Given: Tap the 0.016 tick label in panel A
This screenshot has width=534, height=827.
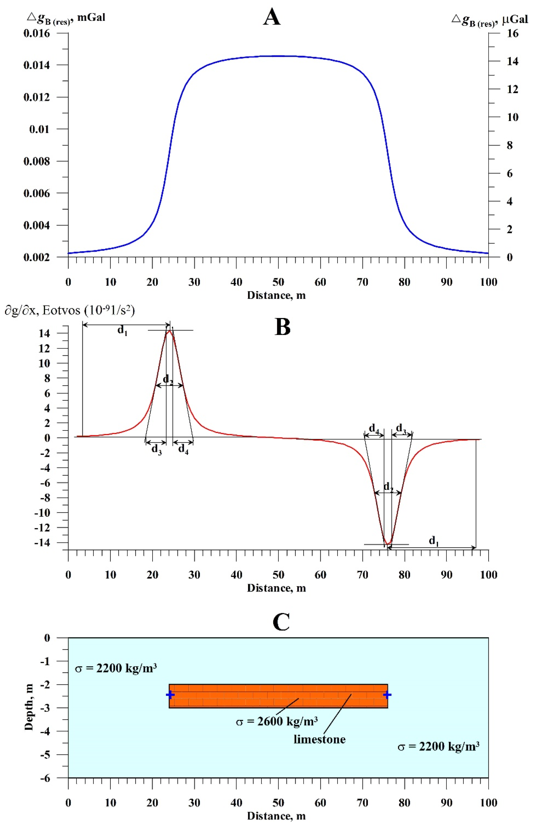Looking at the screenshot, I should (x=37, y=34).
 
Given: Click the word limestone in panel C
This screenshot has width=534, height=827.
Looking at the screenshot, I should (x=319, y=739).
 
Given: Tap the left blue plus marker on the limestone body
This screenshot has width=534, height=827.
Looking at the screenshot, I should (x=170, y=695).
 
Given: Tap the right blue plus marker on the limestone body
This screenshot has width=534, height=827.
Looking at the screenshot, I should (x=387, y=695).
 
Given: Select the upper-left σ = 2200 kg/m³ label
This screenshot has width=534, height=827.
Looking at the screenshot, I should (x=116, y=668).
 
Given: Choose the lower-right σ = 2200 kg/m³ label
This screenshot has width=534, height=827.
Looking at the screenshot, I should (x=438, y=746).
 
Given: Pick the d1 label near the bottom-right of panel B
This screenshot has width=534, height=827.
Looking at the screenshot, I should (x=434, y=540).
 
